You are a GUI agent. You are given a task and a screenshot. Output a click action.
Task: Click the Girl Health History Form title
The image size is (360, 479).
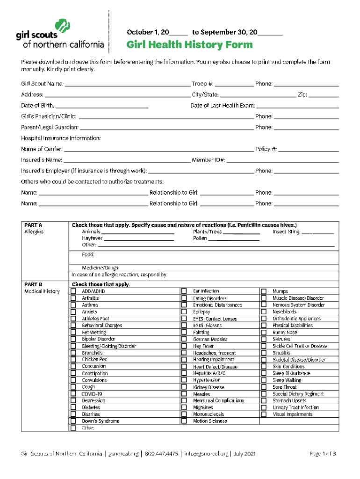pos(189,45)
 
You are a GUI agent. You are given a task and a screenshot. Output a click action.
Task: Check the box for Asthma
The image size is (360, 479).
pos(73,305)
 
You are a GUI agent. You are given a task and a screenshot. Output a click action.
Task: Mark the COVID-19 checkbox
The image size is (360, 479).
pos(73,394)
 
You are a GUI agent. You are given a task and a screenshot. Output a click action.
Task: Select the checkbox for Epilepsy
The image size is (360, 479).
pos(184,312)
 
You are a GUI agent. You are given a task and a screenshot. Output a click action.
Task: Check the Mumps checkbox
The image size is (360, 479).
pos(264,291)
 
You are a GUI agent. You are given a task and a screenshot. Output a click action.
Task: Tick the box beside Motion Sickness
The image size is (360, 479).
pos(184,421)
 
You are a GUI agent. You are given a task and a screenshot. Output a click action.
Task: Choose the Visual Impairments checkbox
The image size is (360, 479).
pos(264,414)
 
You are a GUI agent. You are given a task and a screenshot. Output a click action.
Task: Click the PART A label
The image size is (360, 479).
pos(33,225)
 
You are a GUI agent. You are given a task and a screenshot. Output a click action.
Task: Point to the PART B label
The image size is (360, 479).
pos(33,284)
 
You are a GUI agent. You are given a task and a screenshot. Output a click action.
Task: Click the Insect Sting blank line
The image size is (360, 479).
pos(317,232)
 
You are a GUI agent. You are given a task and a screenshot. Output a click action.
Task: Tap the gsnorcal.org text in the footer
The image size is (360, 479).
pos(123,454)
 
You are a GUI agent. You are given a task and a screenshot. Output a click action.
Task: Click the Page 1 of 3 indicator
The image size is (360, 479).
pos(323,454)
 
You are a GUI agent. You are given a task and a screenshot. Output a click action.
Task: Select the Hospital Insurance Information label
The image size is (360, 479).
pos(61,138)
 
